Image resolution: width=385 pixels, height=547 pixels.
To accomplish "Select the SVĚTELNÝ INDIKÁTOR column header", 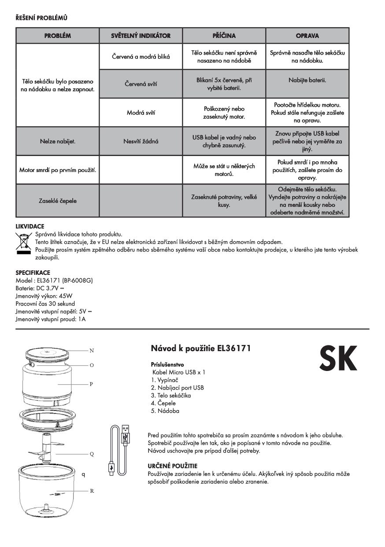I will click(x=141, y=36).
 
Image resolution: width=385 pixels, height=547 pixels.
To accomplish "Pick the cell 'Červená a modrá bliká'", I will click(x=141, y=56).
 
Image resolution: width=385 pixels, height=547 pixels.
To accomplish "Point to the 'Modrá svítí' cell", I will click(x=141, y=112).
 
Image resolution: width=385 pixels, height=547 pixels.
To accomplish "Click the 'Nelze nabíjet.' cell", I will click(x=57, y=142).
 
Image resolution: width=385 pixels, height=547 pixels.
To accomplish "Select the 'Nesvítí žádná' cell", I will click(x=141, y=142).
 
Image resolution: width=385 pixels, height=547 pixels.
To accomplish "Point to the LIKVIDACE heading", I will click(x=30, y=226).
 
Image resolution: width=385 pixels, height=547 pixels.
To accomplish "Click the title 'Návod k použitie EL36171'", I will click(x=201, y=349).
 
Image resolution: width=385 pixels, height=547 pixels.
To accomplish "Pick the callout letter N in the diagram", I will click(x=92, y=351).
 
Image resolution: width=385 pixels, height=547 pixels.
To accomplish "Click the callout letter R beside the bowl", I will click(x=92, y=491).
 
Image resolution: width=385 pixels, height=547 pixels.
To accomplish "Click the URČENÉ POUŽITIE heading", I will click(x=172, y=466).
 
